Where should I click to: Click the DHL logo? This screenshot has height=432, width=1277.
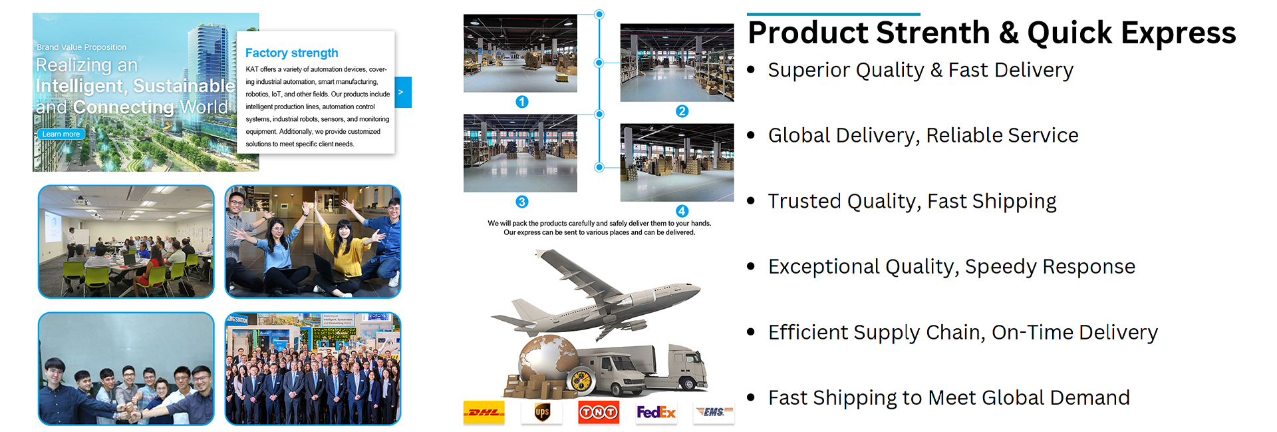484,413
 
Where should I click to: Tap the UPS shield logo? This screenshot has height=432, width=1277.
542,413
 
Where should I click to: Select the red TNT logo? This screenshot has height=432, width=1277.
599,413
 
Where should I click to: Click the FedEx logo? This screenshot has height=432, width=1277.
656,413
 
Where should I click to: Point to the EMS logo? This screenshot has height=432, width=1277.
714,412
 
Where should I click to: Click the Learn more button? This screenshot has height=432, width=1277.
61,134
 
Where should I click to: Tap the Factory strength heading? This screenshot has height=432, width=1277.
291,53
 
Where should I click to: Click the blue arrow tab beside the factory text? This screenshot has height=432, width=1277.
403,93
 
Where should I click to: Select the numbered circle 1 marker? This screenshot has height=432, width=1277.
522,102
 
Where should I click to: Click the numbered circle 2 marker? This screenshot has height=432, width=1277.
682,111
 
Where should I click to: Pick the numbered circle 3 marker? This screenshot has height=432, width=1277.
522,202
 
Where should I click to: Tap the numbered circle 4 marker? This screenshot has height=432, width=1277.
682,211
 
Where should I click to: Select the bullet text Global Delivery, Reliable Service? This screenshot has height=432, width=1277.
923,136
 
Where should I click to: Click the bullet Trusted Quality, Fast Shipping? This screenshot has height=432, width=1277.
912,201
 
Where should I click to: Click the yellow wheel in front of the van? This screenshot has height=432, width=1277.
581,381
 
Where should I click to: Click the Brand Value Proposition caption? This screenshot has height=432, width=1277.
82,47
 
